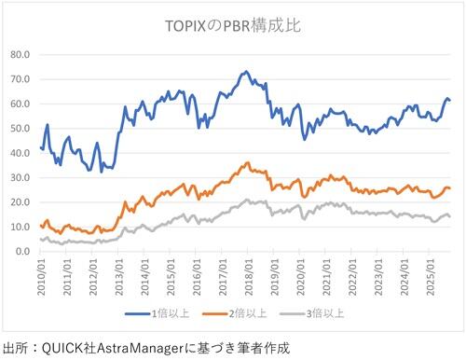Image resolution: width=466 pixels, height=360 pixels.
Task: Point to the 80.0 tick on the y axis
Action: tap(19, 55)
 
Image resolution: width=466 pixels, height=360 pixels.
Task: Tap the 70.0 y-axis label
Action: tap(19, 79)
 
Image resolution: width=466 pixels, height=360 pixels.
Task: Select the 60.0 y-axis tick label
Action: tap(19, 104)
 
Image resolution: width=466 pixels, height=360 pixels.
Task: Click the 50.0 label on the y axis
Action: tap(19, 129)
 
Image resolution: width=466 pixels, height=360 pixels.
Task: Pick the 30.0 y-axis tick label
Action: tap(19, 178)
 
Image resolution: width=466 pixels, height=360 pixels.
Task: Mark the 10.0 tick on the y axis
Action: tap(19, 227)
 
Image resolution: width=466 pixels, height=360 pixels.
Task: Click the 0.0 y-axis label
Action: tap(22, 252)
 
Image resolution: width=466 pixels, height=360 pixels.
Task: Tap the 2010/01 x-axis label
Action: tap(41, 276)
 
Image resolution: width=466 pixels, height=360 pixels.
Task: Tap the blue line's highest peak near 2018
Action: tap(245, 71)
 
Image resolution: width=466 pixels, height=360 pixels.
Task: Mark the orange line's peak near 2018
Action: tap(247, 163)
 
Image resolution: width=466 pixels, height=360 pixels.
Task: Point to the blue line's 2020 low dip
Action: tap(305, 139)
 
